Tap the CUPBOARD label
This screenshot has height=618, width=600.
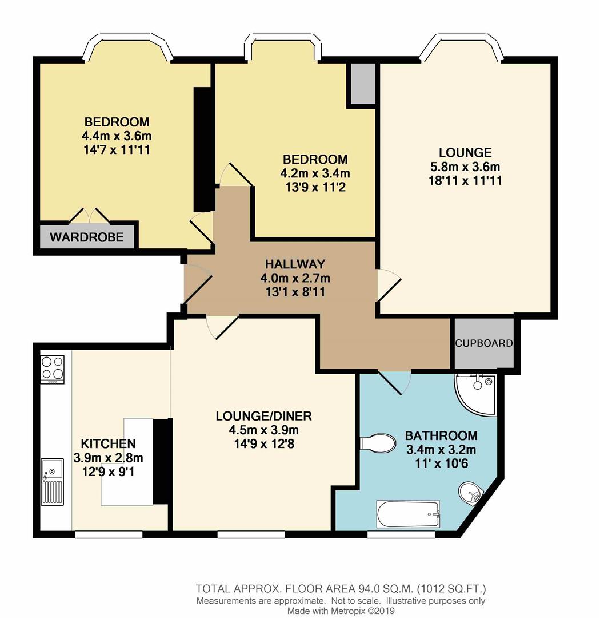[x=483, y=344]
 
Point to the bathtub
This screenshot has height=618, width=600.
[x=408, y=514]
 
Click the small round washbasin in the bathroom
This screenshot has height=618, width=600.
[x=471, y=492]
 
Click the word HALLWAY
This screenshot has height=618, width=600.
[x=295, y=264]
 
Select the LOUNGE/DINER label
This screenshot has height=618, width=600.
[x=264, y=415]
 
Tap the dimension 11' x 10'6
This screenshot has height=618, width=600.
[x=437, y=463]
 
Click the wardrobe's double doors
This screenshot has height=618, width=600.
[x=89, y=216]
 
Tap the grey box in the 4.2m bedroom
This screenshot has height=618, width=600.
[x=362, y=84]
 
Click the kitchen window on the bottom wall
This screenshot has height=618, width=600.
[x=109, y=534]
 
